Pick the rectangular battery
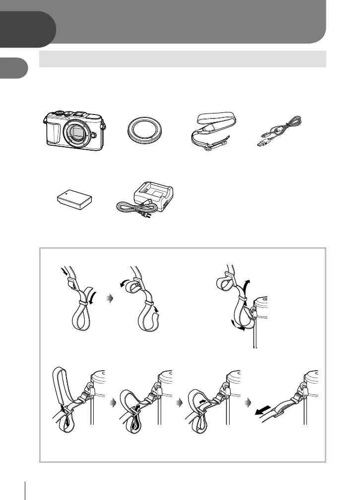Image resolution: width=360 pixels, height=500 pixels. pos(74,201)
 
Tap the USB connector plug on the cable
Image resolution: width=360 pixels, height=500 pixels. pos(262,145)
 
